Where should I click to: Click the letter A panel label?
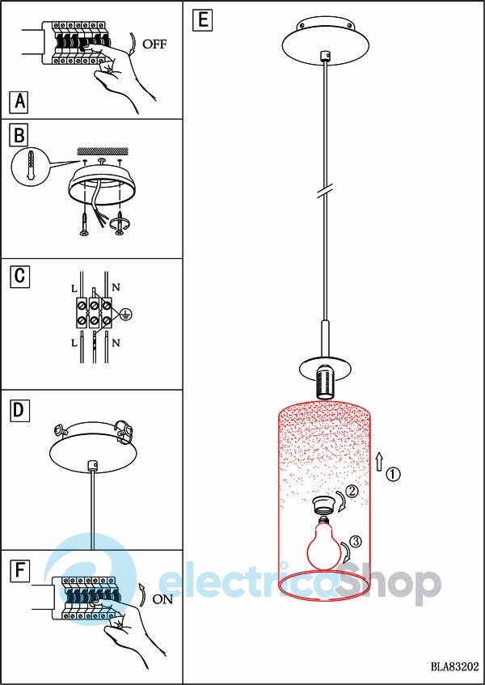click(19, 102)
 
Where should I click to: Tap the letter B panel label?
click(19, 135)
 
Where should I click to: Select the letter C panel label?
click(19, 277)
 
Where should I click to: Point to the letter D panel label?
click(19, 411)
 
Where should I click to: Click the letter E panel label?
click(203, 20)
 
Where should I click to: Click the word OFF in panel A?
click(154, 44)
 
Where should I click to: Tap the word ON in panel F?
click(162, 599)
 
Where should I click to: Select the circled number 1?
click(394, 474)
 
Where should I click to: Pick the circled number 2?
click(352, 492)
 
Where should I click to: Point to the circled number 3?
click(356, 541)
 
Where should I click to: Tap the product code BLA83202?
click(454, 666)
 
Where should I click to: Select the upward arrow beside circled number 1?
click(379, 461)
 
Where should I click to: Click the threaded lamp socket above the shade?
click(325, 382)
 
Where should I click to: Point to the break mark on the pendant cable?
click(325, 192)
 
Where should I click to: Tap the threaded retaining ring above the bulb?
click(326, 506)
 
